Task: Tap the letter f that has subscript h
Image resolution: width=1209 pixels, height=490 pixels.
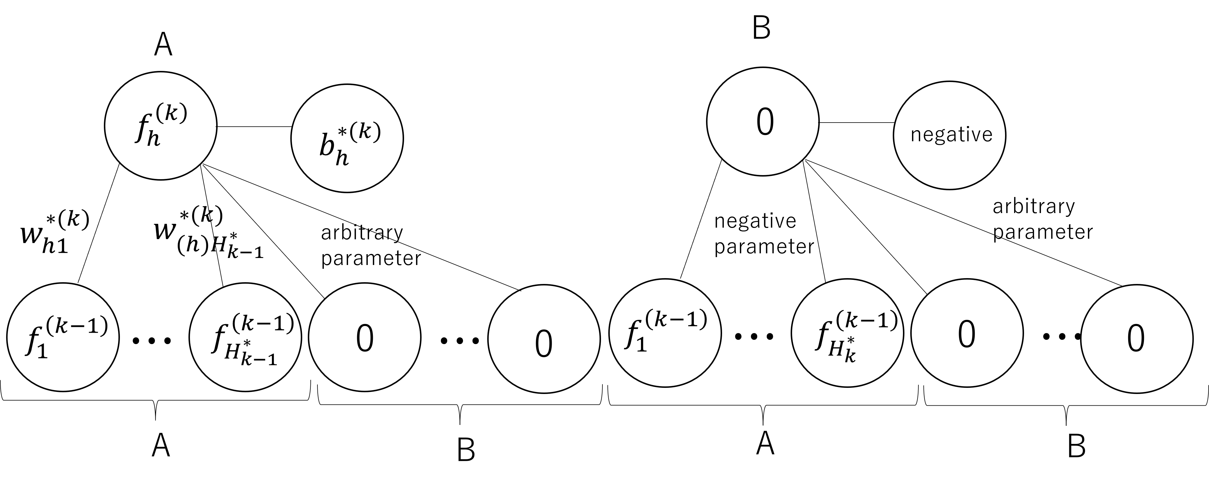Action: (x=141, y=127)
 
